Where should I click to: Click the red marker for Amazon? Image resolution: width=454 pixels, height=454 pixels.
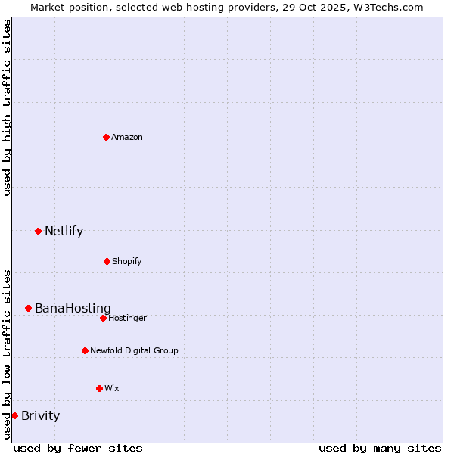(107, 137)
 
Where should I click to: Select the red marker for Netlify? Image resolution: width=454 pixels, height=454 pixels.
(38, 231)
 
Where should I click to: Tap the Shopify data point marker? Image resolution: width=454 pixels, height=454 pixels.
(107, 261)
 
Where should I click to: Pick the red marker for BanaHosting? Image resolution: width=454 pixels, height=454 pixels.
(28, 308)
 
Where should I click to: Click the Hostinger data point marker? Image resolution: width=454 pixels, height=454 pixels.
(103, 318)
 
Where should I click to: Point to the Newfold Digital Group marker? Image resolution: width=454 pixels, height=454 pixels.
(85, 350)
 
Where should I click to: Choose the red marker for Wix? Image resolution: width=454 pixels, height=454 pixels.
(99, 388)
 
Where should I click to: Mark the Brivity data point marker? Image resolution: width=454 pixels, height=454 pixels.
(14, 415)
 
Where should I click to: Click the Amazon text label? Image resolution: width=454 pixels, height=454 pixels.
(127, 137)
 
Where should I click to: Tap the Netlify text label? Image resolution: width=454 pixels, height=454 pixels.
(64, 231)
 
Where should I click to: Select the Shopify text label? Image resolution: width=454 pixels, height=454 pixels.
(126, 261)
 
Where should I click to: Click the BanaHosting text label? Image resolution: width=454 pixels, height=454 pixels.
(73, 308)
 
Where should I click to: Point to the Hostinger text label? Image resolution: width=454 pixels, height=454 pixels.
(127, 318)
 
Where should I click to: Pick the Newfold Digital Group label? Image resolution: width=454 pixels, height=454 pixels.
(134, 350)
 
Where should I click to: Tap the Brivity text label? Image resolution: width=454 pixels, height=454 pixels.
(40, 415)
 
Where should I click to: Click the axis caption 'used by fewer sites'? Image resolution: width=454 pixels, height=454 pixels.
(78, 448)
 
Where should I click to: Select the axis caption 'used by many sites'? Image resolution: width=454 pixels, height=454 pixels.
(380, 448)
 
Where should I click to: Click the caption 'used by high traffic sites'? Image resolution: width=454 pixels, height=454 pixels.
(7, 107)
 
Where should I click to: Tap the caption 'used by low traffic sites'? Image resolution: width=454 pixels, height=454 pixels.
(7, 354)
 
